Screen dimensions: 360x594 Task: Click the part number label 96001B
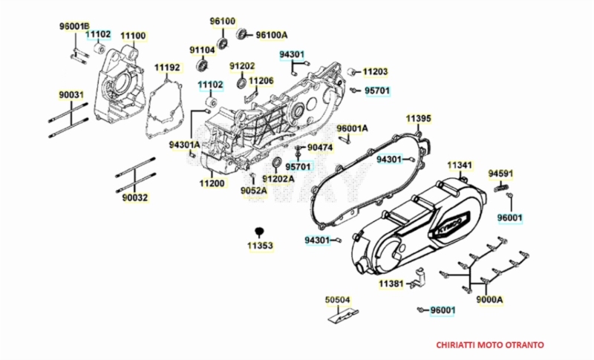pos(74,26)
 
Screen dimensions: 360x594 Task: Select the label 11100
pos(133,35)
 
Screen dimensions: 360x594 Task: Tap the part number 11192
pos(167,68)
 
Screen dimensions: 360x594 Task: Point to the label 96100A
pos(271,35)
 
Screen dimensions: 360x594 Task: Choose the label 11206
pos(261,80)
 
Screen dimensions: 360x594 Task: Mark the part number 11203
pos(375,72)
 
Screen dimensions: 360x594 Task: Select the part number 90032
pos(135,197)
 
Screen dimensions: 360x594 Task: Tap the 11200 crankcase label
pos(212,183)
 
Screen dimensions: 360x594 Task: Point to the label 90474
pos(320,148)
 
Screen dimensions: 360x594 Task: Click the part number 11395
pos(418,118)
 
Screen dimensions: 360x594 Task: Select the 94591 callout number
pos(500,174)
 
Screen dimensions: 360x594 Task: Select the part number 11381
pos(391,284)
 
